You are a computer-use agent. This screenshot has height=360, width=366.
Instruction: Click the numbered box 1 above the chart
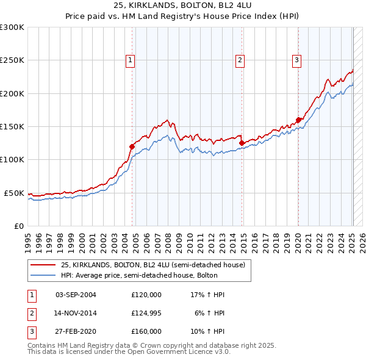point(131,60)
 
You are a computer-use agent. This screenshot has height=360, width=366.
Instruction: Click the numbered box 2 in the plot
point(240,60)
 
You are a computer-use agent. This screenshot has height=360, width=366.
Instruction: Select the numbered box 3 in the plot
point(296,60)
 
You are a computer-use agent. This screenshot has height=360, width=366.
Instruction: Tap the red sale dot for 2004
point(132,146)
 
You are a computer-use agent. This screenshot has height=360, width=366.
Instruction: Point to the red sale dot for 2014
point(242,143)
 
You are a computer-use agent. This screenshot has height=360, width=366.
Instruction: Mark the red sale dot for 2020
point(298,120)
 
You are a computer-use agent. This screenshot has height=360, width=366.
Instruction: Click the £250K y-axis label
point(12,60)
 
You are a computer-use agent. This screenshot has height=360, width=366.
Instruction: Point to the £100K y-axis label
point(12,159)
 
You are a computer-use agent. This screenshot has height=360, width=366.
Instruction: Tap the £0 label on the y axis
point(18,226)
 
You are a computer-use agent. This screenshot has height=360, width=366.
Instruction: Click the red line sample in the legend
point(43,265)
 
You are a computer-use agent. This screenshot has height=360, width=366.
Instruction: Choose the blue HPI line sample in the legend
point(43,275)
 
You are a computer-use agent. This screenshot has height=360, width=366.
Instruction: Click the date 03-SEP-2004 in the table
point(76,295)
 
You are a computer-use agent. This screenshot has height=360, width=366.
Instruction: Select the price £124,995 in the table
point(146,313)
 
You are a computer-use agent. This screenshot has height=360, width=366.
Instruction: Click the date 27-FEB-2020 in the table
point(76,331)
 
